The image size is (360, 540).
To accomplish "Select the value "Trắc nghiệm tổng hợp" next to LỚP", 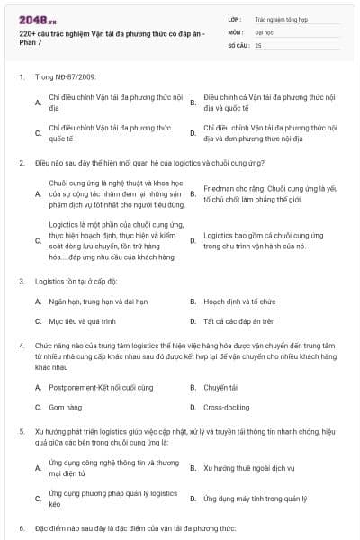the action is [x=279, y=17].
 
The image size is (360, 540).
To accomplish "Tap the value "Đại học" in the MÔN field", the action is [x=264, y=31].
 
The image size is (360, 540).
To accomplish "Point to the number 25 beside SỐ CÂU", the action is [x=258, y=44].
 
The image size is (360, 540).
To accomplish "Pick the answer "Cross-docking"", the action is [x=226, y=407].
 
